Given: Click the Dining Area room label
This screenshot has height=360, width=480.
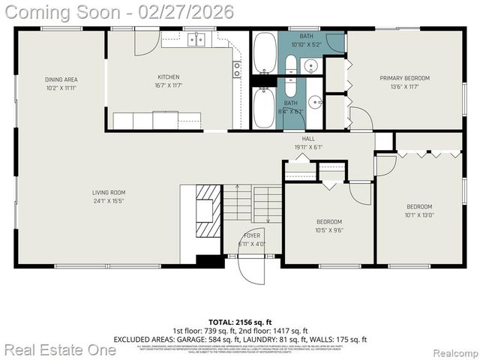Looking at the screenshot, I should tap(61, 79).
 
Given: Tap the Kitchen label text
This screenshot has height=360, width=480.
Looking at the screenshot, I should tap(168, 77).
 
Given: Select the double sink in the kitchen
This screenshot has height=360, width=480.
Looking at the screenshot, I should tap(196, 40).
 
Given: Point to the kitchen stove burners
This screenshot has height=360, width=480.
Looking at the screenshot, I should tap(237, 69).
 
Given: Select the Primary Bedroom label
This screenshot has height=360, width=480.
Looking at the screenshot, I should tap(404, 78).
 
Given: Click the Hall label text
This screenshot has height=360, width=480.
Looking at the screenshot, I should tap(308, 139).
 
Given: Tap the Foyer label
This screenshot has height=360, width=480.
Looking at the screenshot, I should tap(251, 235).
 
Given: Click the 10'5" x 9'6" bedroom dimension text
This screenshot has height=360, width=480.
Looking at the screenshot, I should tap(328, 231).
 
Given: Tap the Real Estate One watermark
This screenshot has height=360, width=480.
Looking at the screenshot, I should tap(46, 349).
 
